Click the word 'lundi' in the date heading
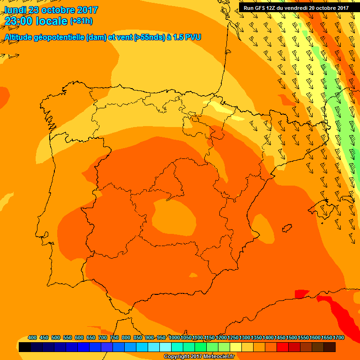pos(15,10)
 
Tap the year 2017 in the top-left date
pos(87,10)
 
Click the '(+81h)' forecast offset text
pos(81,21)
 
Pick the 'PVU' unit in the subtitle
pos(193,37)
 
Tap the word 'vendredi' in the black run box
pos(299,8)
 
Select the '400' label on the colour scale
pos(32,337)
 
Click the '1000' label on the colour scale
pos(174,337)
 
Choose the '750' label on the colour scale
pos(114,337)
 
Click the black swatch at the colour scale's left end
pos(25,347)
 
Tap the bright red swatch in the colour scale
pos(283,347)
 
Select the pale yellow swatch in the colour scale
pos(236,347)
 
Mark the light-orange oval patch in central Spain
pos(174,217)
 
